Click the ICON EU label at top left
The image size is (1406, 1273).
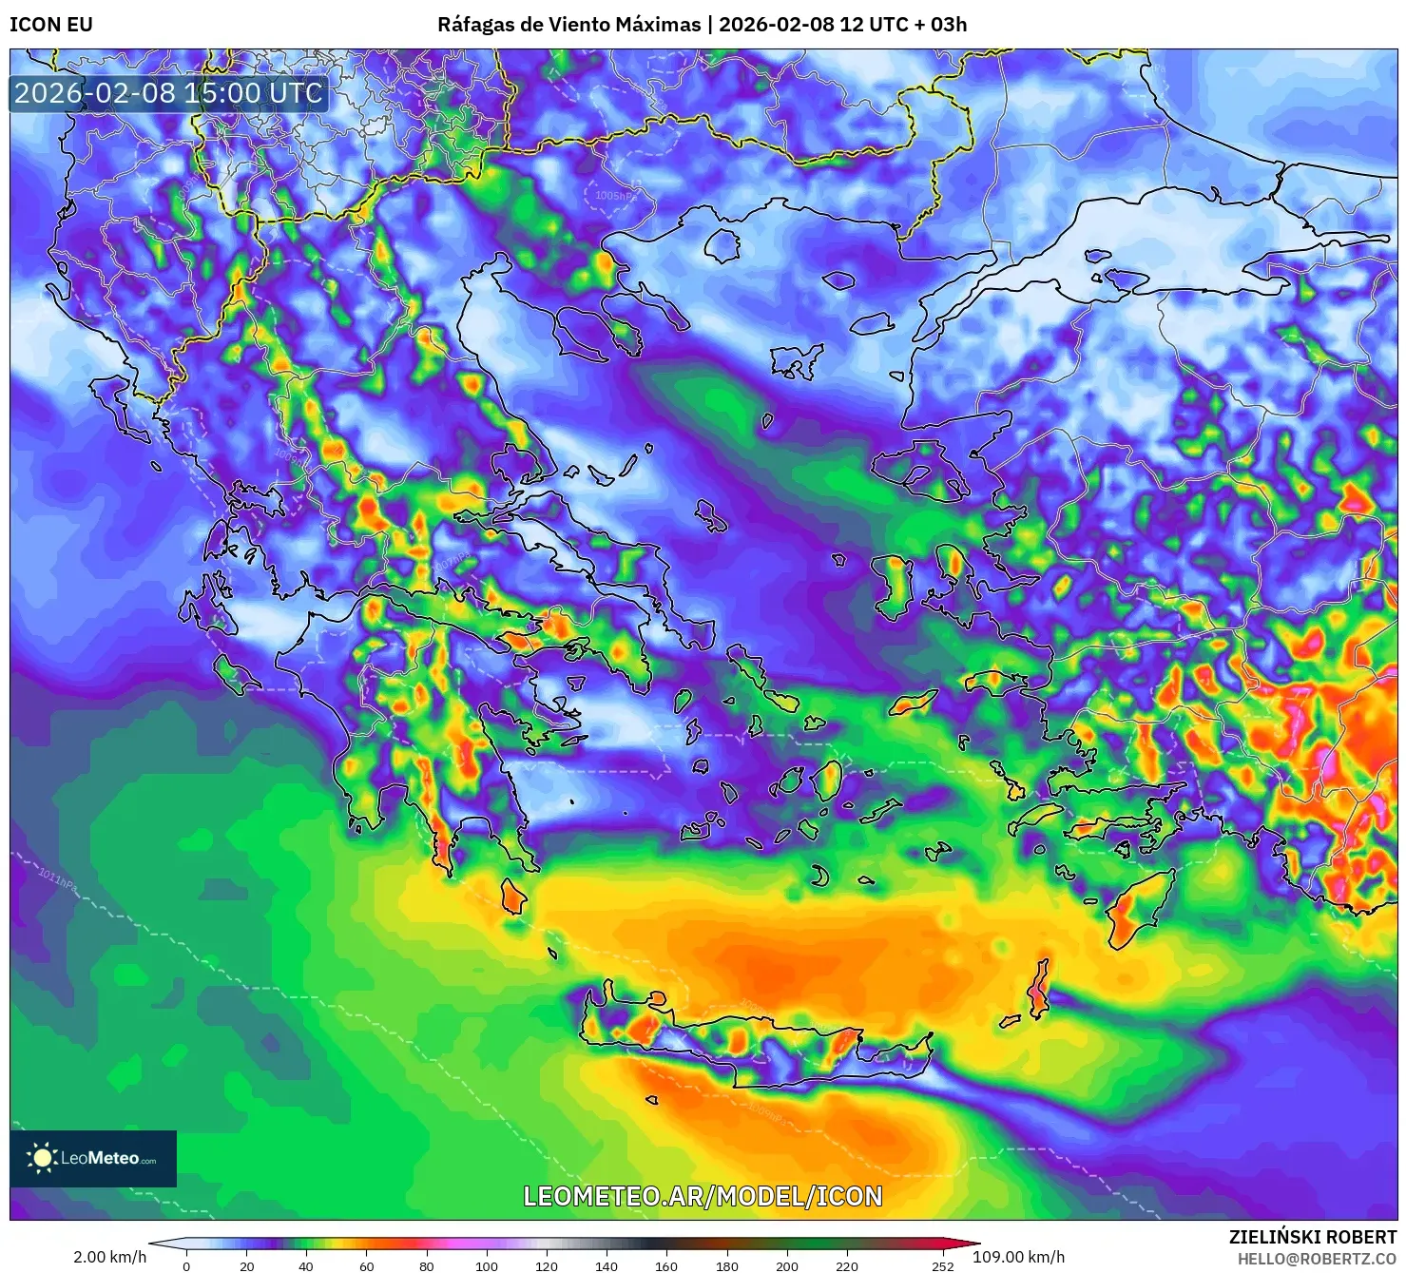(51, 25)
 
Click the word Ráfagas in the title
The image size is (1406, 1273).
(474, 25)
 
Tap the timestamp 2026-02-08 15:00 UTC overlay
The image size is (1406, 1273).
(168, 93)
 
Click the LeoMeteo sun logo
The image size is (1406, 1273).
(42, 1157)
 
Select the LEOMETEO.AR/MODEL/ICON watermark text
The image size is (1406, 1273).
(703, 1196)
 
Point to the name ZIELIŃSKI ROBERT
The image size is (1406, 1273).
(1312, 1237)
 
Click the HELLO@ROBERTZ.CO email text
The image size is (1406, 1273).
(1317, 1258)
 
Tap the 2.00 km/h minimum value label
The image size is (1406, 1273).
(109, 1257)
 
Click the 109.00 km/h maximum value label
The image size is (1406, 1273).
(1018, 1257)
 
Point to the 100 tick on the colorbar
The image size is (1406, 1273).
(486, 1266)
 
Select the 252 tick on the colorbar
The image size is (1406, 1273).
(942, 1266)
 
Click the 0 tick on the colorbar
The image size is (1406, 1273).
(186, 1266)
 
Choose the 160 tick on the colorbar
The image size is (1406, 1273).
(666, 1266)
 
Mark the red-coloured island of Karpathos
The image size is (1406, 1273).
(1038, 991)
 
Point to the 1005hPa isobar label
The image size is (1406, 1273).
(615, 196)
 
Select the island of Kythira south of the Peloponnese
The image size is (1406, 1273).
(513, 896)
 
